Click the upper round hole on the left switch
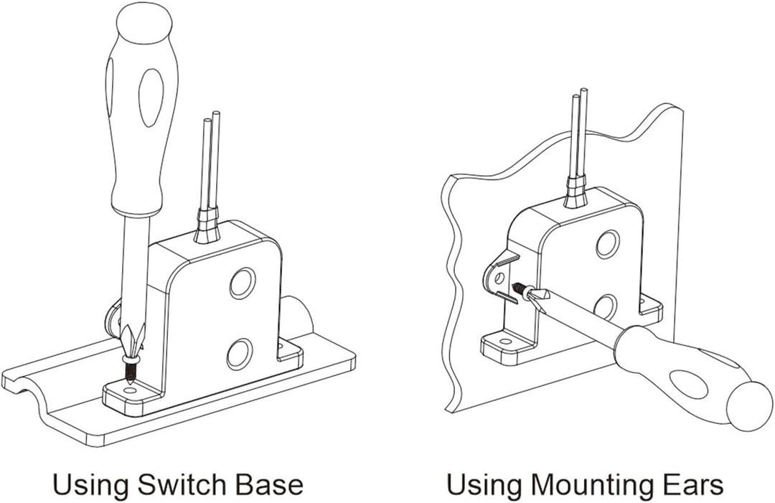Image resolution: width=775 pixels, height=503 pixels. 243,283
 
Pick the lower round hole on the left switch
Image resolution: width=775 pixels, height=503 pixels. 240,354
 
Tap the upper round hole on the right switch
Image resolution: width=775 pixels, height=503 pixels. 608,243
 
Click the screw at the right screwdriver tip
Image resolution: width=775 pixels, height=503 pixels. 521,288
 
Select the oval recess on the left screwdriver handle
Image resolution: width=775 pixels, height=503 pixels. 151,97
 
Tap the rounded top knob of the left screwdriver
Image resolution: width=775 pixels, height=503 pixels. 144,24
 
